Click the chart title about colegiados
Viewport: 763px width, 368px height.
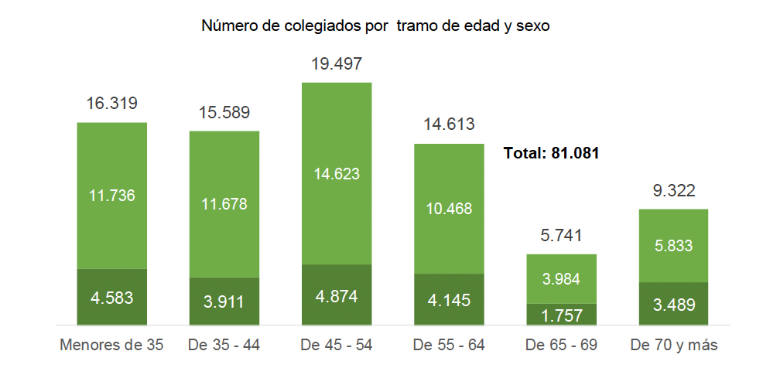(375, 26)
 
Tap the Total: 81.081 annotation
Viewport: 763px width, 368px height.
(552, 153)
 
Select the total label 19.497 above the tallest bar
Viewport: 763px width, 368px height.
(337, 64)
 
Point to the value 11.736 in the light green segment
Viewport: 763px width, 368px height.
(112, 195)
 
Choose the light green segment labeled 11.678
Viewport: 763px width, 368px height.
(224, 204)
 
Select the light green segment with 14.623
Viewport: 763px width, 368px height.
(337, 174)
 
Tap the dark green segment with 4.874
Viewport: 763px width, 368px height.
(337, 296)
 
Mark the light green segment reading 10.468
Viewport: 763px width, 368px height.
(449, 209)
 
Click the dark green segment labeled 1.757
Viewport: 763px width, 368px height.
(561, 315)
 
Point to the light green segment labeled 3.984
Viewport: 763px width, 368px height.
(561, 279)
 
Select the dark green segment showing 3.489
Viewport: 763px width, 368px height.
(673, 305)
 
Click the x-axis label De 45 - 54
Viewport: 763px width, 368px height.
(337, 344)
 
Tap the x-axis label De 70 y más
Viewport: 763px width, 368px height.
(673, 344)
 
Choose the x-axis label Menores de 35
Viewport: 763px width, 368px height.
(112, 344)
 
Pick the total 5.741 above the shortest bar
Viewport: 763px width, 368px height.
(561, 237)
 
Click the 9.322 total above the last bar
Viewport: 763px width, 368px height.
(673, 191)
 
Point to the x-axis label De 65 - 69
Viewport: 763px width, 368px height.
(561, 344)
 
